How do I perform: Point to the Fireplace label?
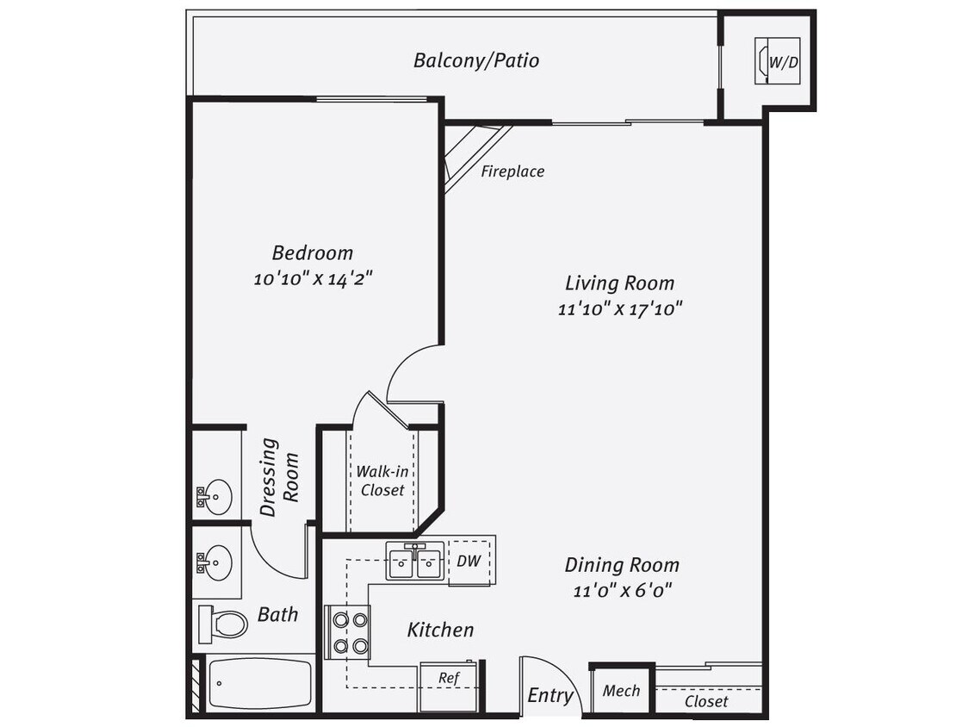(x=512, y=171)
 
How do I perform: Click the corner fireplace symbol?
(x=469, y=155)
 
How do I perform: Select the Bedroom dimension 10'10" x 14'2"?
(x=313, y=278)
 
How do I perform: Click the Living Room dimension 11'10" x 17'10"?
(x=619, y=308)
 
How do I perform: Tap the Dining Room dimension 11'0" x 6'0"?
(x=622, y=591)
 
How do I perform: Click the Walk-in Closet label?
(x=382, y=481)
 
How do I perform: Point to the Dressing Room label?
(x=280, y=477)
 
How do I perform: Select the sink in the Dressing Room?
(x=216, y=495)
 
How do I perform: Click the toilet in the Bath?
(x=224, y=623)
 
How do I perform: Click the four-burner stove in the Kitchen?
(x=347, y=632)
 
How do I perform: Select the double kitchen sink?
(x=415, y=562)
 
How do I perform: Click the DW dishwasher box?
(x=469, y=562)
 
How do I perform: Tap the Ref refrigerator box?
(x=448, y=678)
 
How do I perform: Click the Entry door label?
(x=550, y=695)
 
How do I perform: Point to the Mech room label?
(x=621, y=690)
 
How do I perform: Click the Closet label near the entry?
(x=706, y=701)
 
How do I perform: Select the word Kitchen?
(x=440, y=630)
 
